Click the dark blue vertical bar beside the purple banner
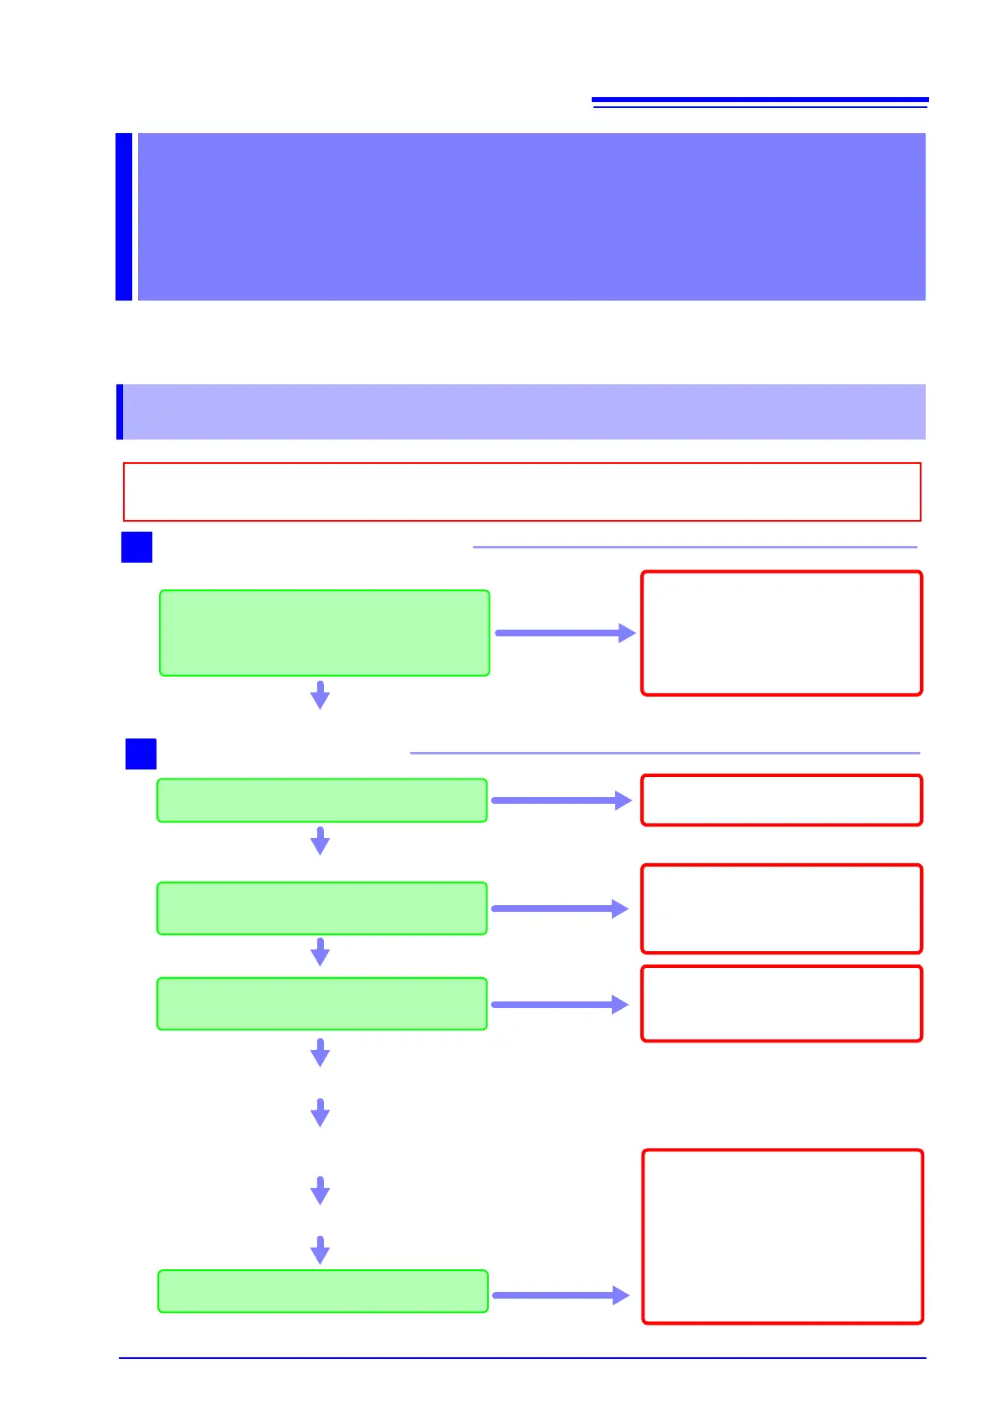point(124,216)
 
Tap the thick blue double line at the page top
point(760,101)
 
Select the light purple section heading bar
point(524,412)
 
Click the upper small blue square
point(136,547)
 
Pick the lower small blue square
point(141,754)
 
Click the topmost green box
point(324,633)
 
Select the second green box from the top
point(322,800)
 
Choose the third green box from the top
point(322,908)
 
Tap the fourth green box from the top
point(322,1004)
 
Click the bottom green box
point(323,1291)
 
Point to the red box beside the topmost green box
point(781,633)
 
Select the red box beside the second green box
point(781,800)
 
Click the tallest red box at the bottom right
point(783,1237)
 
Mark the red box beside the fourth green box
point(781,1004)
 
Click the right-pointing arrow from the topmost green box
point(565,633)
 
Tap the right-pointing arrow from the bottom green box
point(560,1295)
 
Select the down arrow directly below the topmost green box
point(320,696)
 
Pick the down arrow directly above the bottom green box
point(320,1250)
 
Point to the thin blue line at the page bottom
point(522,1358)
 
